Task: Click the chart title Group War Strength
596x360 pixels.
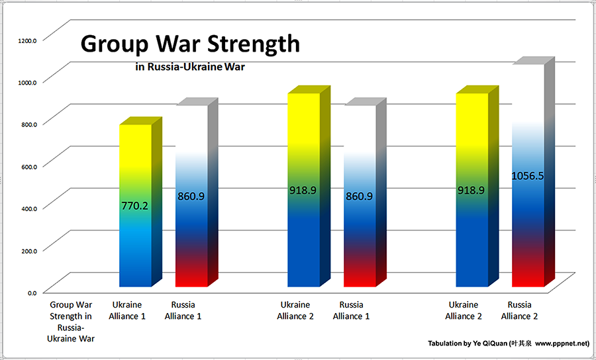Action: (190, 44)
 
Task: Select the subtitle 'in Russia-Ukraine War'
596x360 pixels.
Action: (189, 66)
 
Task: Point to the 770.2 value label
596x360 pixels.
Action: (135, 206)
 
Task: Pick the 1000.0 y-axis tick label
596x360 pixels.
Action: (27, 81)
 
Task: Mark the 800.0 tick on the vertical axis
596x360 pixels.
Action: (28, 123)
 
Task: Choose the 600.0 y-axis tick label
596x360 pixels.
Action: (28, 165)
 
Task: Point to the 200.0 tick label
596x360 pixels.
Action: (28, 249)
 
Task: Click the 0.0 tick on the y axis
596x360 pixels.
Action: (32, 292)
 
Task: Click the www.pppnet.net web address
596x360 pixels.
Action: (562, 344)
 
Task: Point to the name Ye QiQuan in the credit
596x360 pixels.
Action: (491, 344)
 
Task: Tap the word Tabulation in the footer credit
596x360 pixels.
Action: (447, 344)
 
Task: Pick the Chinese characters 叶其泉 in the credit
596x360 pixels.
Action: (522, 344)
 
